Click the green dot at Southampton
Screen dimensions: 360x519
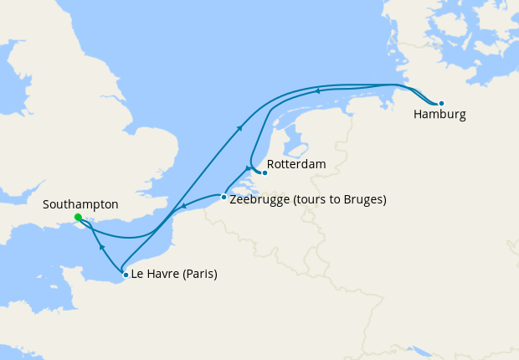pyautogui.click(x=77, y=218)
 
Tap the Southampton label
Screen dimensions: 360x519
pyautogui.click(x=80, y=204)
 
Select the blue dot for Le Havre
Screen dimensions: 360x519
pyautogui.click(x=126, y=275)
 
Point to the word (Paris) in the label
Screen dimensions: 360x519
pyautogui.click(x=200, y=274)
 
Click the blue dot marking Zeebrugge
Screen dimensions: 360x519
pyautogui.click(x=223, y=198)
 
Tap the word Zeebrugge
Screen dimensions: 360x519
pyautogui.click(x=259, y=200)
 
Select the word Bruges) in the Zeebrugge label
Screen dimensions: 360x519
pyautogui.click(x=364, y=200)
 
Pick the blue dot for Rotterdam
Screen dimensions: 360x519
pyautogui.click(x=265, y=173)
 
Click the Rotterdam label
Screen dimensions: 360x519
pyautogui.click(x=296, y=164)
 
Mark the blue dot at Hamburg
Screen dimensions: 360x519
pyautogui.click(x=441, y=103)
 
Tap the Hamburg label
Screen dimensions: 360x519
pyautogui.click(x=439, y=115)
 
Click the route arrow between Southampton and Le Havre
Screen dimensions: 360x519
pyautogui.click(x=101, y=248)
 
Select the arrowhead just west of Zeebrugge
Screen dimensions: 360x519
pyautogui.click(x=183, y=208)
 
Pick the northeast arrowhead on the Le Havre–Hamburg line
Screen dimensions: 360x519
pyautogui.click(x=240, y=127)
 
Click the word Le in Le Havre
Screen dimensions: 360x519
pyautogui.click(x=138, y=274)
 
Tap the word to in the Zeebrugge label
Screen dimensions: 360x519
pyautogui.click(x=334, y=200)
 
